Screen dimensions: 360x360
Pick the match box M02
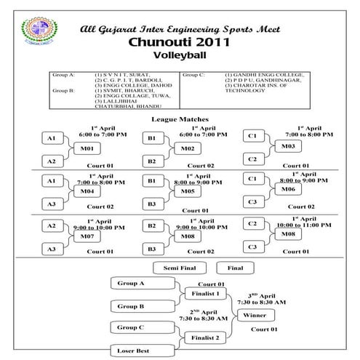pos(187,148)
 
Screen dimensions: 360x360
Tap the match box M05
pos(187,191)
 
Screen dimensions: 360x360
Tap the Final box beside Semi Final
pos(235,268)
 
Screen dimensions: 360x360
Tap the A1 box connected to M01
pos(51,137)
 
